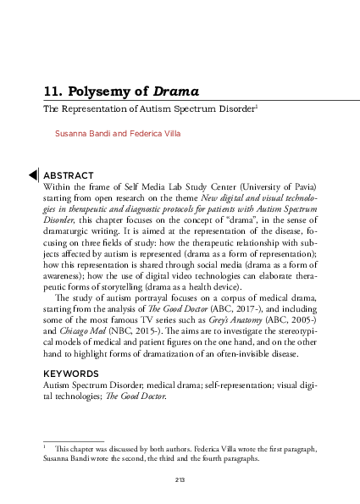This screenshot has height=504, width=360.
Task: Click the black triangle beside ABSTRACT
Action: [33, 174]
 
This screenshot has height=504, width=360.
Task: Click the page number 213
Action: [180, 480]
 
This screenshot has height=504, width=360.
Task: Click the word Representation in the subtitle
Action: [89, 110]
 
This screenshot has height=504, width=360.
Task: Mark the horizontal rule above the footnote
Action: [73, 431]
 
